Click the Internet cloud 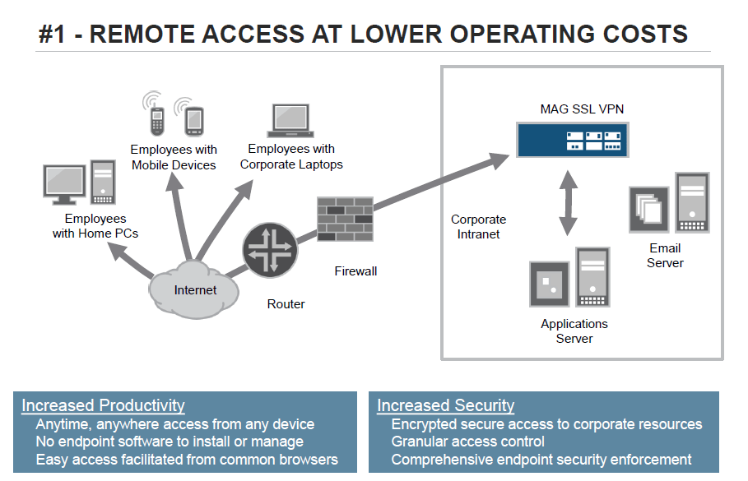click(193, 289)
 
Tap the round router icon click(270, 250)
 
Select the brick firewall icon click(345, 220)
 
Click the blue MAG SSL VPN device click(573, 140)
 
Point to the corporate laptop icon click(290, 121)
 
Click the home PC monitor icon click(64, 184)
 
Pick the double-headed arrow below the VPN click(568, 202)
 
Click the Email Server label click(665, 256)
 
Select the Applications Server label click(574, 331)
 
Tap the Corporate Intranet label click(478, 226)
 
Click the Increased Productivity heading click(103, 405)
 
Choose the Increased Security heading click(445, 405)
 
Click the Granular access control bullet click(468, 442)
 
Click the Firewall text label click(355, 271)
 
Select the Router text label click(286, 304)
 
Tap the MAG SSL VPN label click(582, 109)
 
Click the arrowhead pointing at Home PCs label click(118, 250)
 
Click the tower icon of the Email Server click(692, 202)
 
